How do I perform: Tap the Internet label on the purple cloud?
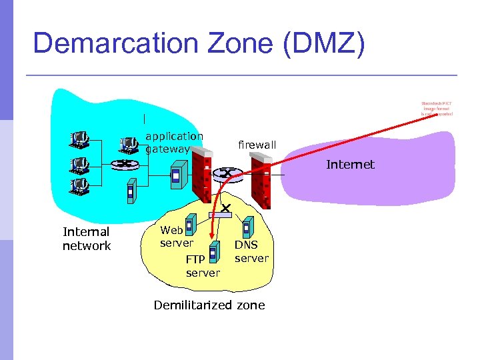(350, 165)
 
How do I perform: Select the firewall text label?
(257, 145)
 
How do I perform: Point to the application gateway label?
(173, 142)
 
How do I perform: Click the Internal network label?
(86, 239)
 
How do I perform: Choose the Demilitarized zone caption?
(209, 305)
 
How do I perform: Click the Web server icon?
(189, 226)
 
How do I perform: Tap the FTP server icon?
(213, 251)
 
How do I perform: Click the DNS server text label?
(251, 251)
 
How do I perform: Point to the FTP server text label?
(202, 266)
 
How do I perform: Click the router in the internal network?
(122, 165)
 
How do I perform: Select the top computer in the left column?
(81, 139)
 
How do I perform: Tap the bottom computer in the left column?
(81, 185)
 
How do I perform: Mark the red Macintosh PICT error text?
(437, 109)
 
